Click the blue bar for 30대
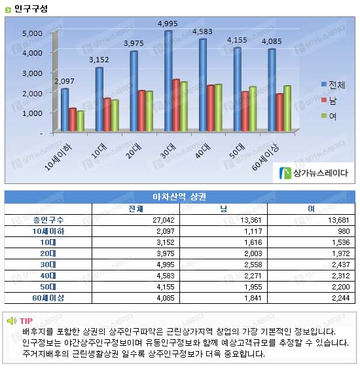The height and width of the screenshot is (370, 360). pos(168,81)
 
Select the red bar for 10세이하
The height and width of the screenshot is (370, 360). pos(73,120)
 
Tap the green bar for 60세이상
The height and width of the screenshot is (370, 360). pos(287,108)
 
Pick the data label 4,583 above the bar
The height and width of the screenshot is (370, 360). pos(202,31)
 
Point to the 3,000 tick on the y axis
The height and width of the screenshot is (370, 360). pos(32,73)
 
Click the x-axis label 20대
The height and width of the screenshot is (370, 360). pos(134,151)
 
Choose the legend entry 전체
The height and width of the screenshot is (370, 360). pos(333,84)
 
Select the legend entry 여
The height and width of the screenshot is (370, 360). pos(329,116)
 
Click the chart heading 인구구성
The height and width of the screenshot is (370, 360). pos(31,9)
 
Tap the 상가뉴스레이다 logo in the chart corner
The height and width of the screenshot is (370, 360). pos(314,173)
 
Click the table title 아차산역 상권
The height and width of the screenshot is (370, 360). pos(179,196)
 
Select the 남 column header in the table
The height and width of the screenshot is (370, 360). pos(223,209)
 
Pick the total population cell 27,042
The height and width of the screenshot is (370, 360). pos(164,220)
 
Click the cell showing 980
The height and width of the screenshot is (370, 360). pos(344,231)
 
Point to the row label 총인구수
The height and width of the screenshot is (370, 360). pos(48,220)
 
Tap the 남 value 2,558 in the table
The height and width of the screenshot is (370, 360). pos(253,265)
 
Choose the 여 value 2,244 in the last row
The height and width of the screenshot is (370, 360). pos(340,298)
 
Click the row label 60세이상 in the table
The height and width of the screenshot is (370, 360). pos(48,298)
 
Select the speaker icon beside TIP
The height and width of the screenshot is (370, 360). pos(11,321)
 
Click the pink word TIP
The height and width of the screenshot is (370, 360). pos(26,321)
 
